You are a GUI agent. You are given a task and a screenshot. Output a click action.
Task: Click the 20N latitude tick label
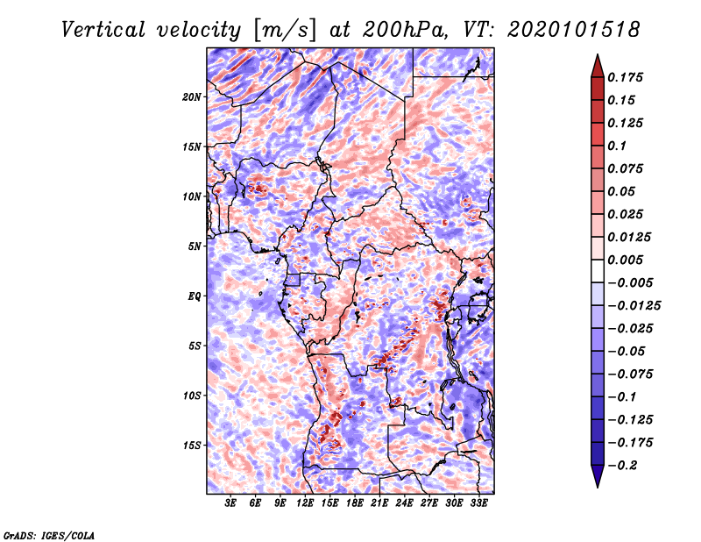192,96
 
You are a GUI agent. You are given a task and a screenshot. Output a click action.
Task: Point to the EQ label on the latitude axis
195,296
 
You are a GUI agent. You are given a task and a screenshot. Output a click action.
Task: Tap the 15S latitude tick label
192,445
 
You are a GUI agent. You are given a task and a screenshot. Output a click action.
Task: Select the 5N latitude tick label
195,246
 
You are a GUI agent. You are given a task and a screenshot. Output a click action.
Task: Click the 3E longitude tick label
231,504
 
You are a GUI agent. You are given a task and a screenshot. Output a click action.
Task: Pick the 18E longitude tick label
355,504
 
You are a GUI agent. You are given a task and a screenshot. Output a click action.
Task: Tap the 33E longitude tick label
478,504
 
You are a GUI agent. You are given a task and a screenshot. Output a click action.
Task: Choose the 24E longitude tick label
404,504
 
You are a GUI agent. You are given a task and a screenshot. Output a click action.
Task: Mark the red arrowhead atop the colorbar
596,65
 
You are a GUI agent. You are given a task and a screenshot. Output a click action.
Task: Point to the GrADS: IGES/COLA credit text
48,534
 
